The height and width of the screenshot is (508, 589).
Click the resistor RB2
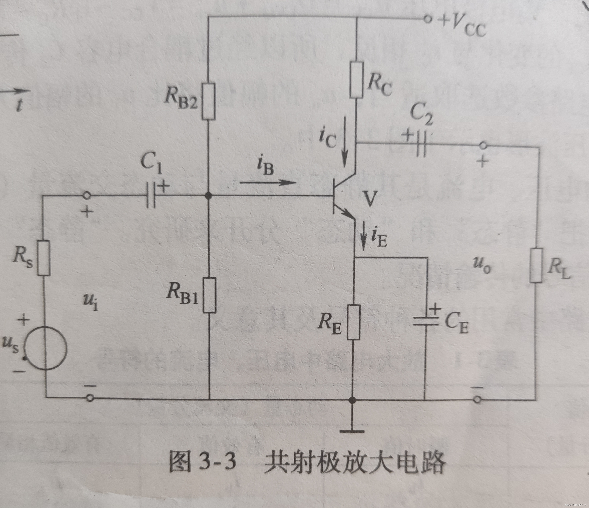pyautogui.click(x=208, y=101)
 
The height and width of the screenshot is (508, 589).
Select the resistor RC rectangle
pyautogui.click(x=357, y=80)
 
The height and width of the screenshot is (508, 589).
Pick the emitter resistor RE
pyautogui.click(x=353, y=322)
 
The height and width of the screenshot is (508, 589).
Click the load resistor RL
pyautogui.click(x=536, y=265)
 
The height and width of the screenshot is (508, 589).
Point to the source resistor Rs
pyautogui.click(x=44, y=258)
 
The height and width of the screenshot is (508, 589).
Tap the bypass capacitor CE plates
pyautogui.click(x=425, y=321)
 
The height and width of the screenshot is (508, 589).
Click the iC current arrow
pyautogui.click(x=345, y=142)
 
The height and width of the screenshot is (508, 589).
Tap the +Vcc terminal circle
pyautogui.click(x=427, y=19)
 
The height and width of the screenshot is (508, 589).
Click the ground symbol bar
pyautogui.click(x=352, y=431)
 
